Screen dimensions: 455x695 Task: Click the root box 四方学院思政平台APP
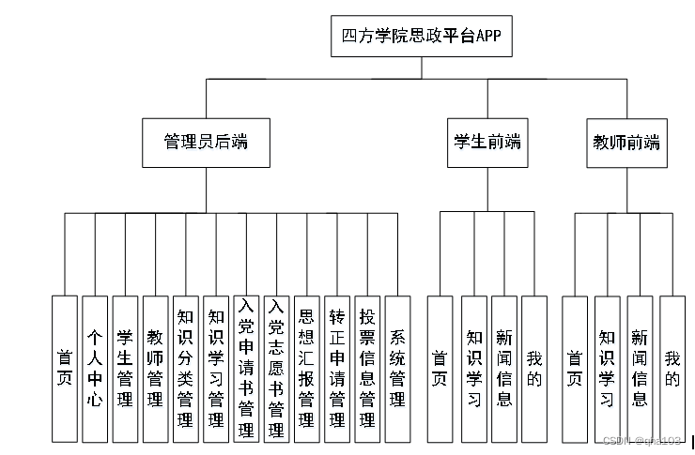click(422, 38)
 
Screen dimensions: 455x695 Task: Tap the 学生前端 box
click(486, 143)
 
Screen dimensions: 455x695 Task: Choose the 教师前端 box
click(626, 143)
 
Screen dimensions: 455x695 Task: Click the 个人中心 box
click(94, 369)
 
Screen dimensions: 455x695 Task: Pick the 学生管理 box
click(125, 369)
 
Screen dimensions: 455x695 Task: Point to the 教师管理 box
click(155, 369)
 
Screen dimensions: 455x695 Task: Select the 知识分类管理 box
click(186, 369)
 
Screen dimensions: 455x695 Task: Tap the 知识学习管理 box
click(216, 369)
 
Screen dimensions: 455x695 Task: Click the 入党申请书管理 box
click(246, 369)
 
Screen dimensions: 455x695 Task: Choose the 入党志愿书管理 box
click(276, 369)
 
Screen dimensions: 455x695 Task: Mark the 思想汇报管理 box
click(306, 369)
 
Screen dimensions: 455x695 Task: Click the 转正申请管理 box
click(336, 369)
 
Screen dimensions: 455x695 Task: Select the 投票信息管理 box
click(367, 369)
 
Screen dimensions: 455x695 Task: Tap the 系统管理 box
click(398, 369)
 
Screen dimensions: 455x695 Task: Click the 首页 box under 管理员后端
click(64, 369)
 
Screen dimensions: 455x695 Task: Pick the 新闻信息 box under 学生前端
click(504, 369)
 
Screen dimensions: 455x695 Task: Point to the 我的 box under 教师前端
click(672, 369)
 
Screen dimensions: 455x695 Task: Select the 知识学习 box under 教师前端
click(608, 369)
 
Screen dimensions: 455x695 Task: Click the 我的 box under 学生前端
click(534, 369)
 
